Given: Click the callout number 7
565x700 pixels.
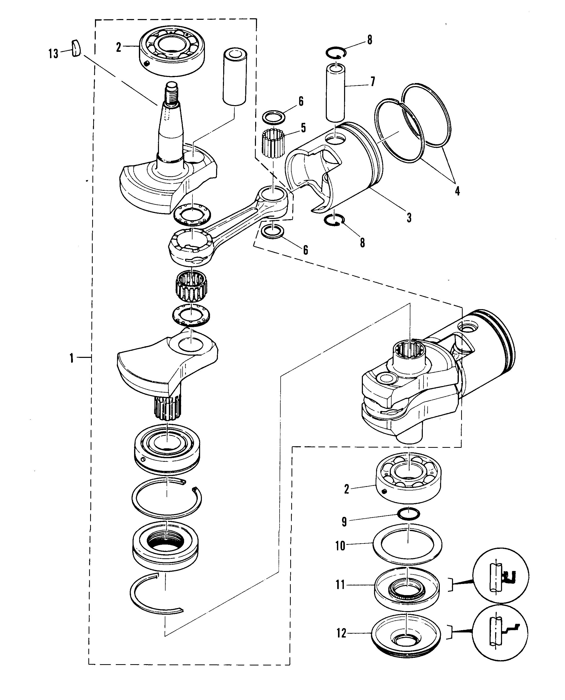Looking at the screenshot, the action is (372, 81).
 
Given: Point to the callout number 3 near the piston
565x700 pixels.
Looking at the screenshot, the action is (409, 217).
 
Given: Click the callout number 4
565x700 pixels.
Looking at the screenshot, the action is (457, 191).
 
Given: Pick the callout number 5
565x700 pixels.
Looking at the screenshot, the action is (303, 128).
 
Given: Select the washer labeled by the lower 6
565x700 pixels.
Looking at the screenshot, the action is (273, 231).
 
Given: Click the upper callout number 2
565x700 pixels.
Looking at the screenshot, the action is (119, 47).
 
